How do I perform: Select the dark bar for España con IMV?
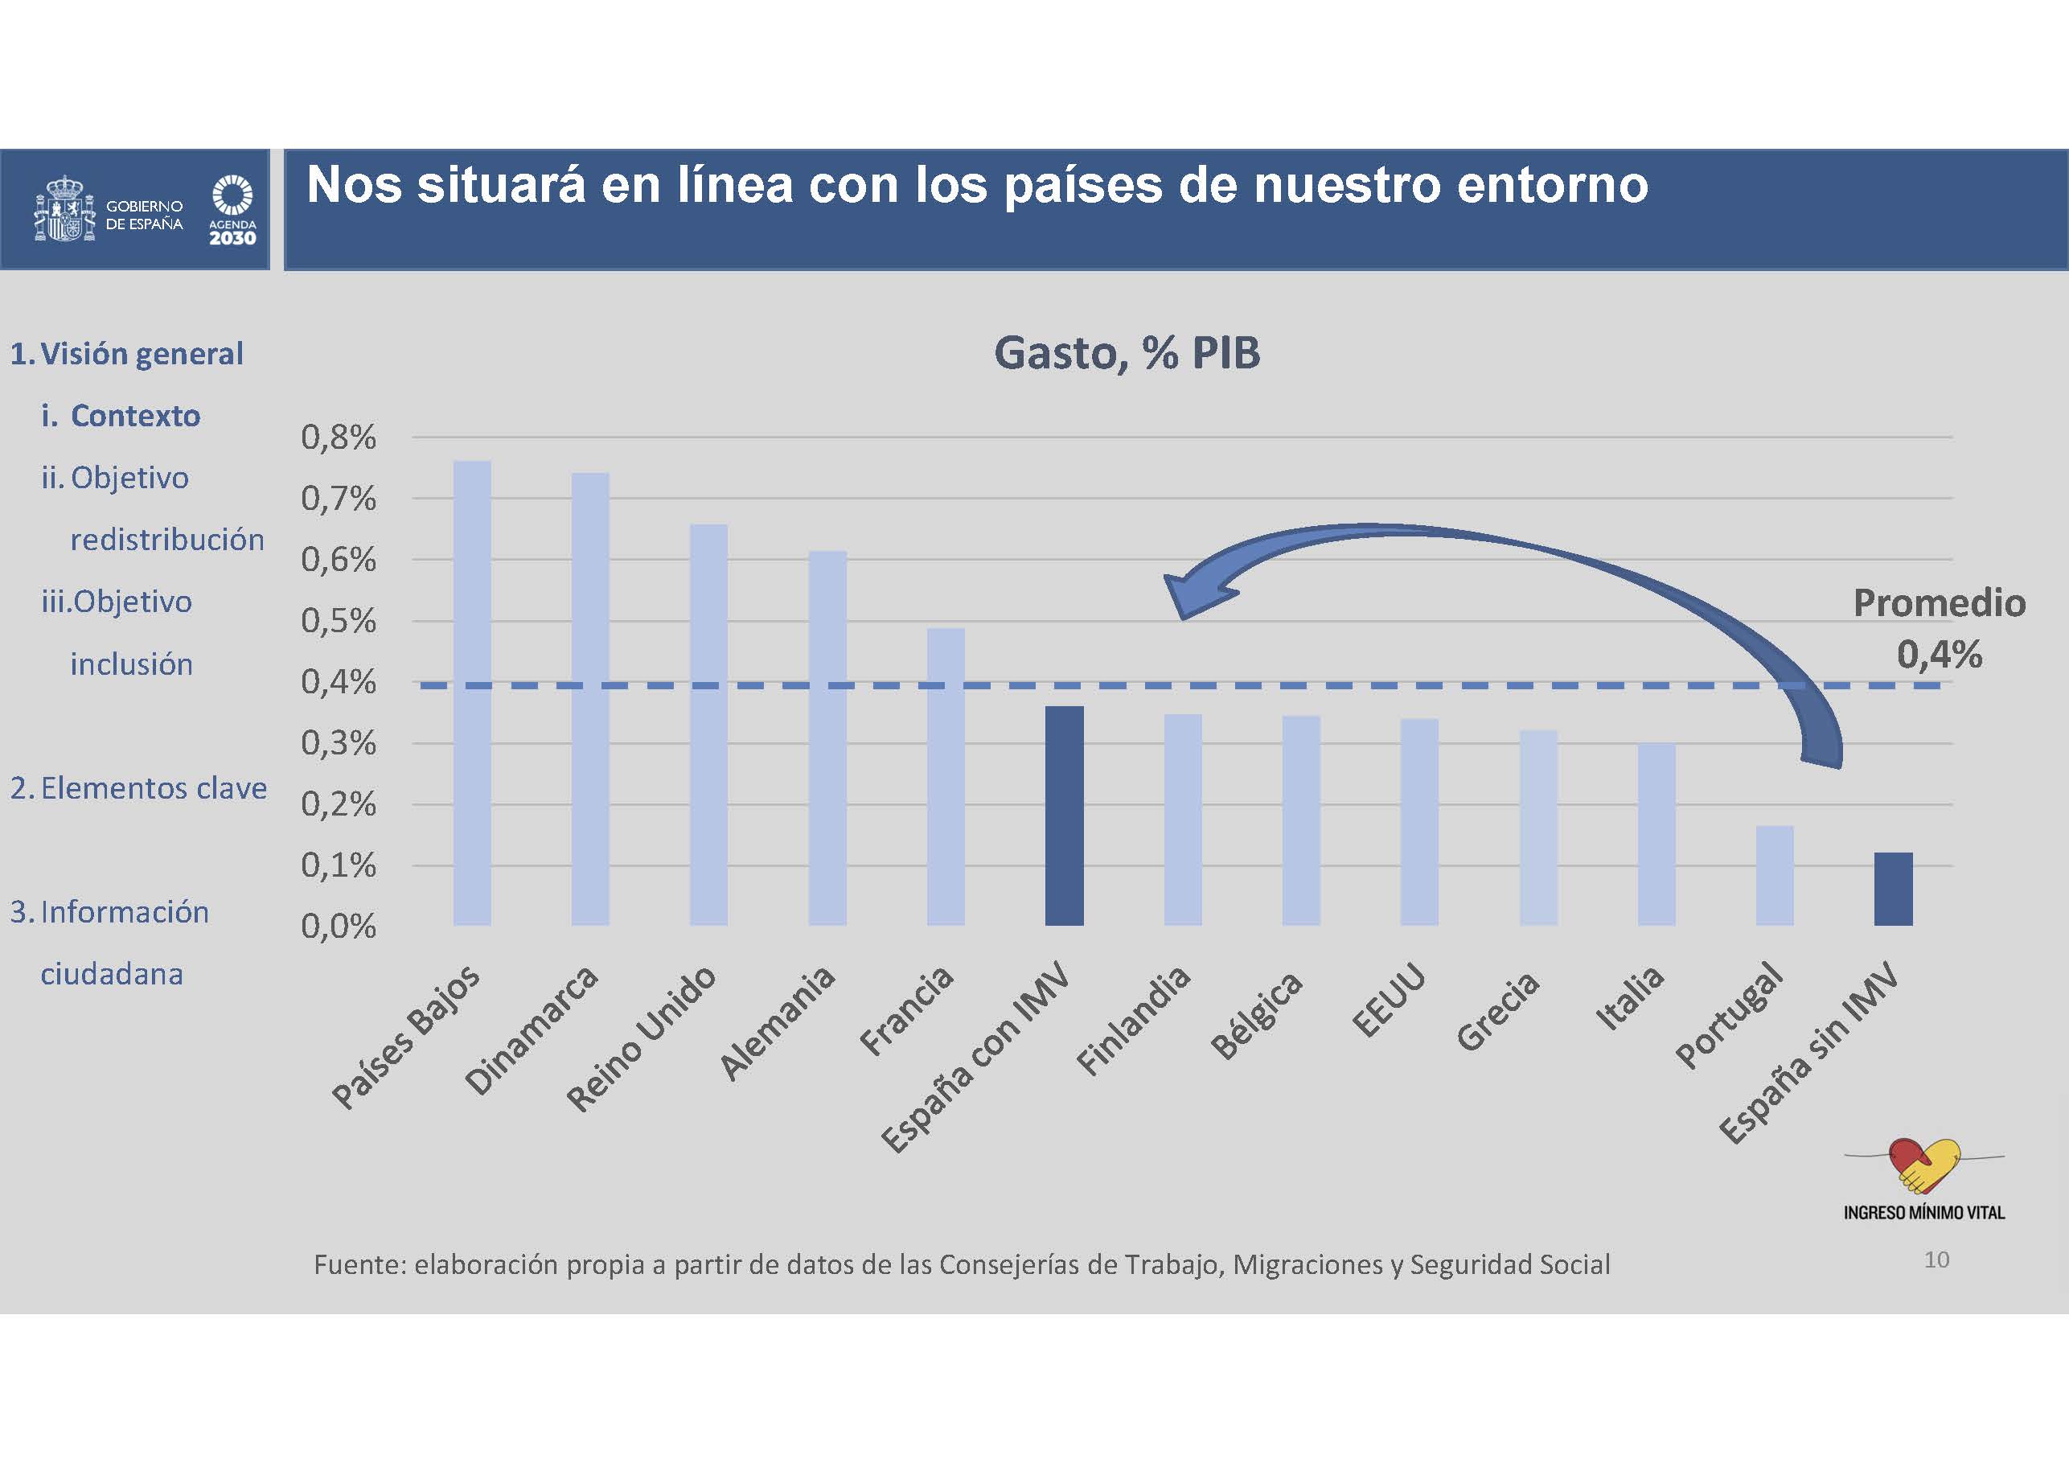(1064, 815)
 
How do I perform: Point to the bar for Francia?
(946, 776)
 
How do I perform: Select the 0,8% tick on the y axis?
(338, 438)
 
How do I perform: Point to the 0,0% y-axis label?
(338, 927)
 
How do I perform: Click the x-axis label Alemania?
(778, 1022)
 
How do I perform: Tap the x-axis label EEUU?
(1389, 1001)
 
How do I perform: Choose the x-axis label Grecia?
(1498, 1010)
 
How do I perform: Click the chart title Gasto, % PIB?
(1127, 352)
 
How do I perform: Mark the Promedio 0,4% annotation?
(1939, 628)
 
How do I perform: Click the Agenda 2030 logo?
(232, 210)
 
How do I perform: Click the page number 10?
(1936, 1260)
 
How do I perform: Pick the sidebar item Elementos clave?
(154, 789)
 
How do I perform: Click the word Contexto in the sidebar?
(135, 416)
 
